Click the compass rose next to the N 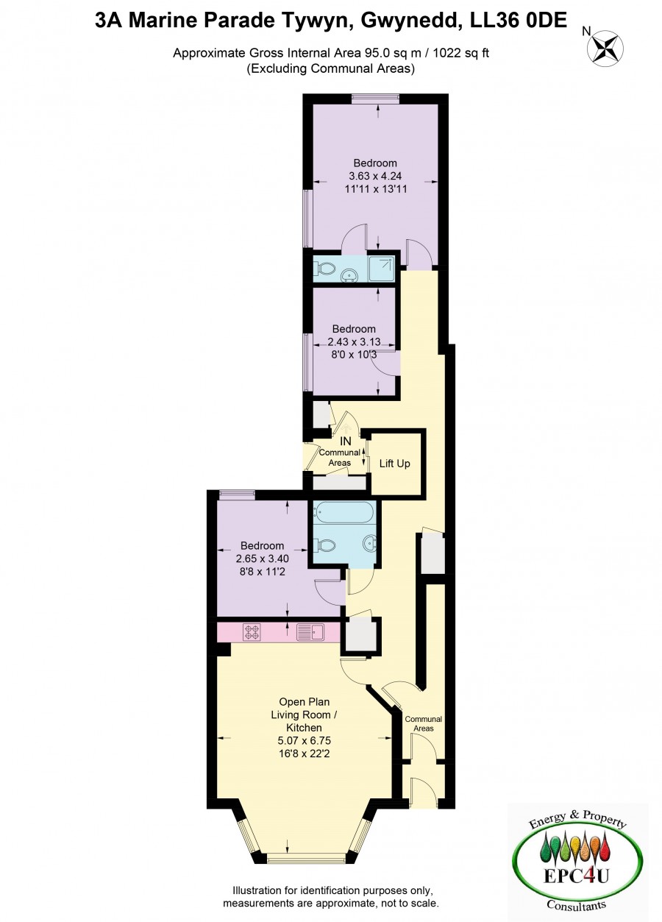[x=605, y=48]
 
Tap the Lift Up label [x=394, y=464]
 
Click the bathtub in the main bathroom [x=344, y=512]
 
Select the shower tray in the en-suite [x=382, y=269]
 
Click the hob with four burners [x=252, y=632]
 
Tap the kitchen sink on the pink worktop [x=310, y=632]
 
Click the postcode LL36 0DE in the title [x=519, y=20]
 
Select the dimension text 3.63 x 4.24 [x=374, y=176]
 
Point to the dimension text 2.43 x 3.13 [x=353, y=341]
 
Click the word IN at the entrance [x=346, y=442]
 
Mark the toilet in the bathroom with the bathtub [x=326, y=545]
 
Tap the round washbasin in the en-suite [x=350, y=274]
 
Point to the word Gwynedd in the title [x=409, y=21]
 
